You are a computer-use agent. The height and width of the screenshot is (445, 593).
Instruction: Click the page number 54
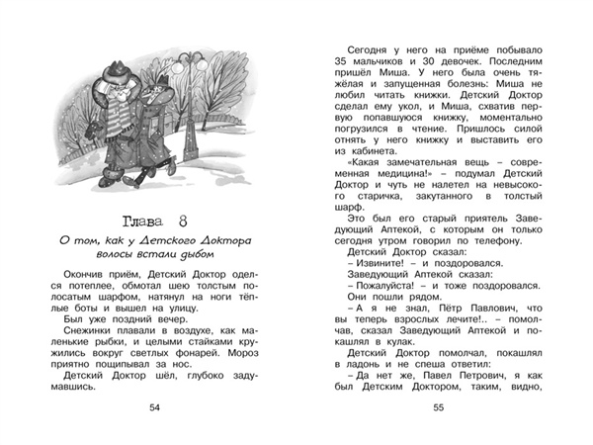[153, 409]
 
